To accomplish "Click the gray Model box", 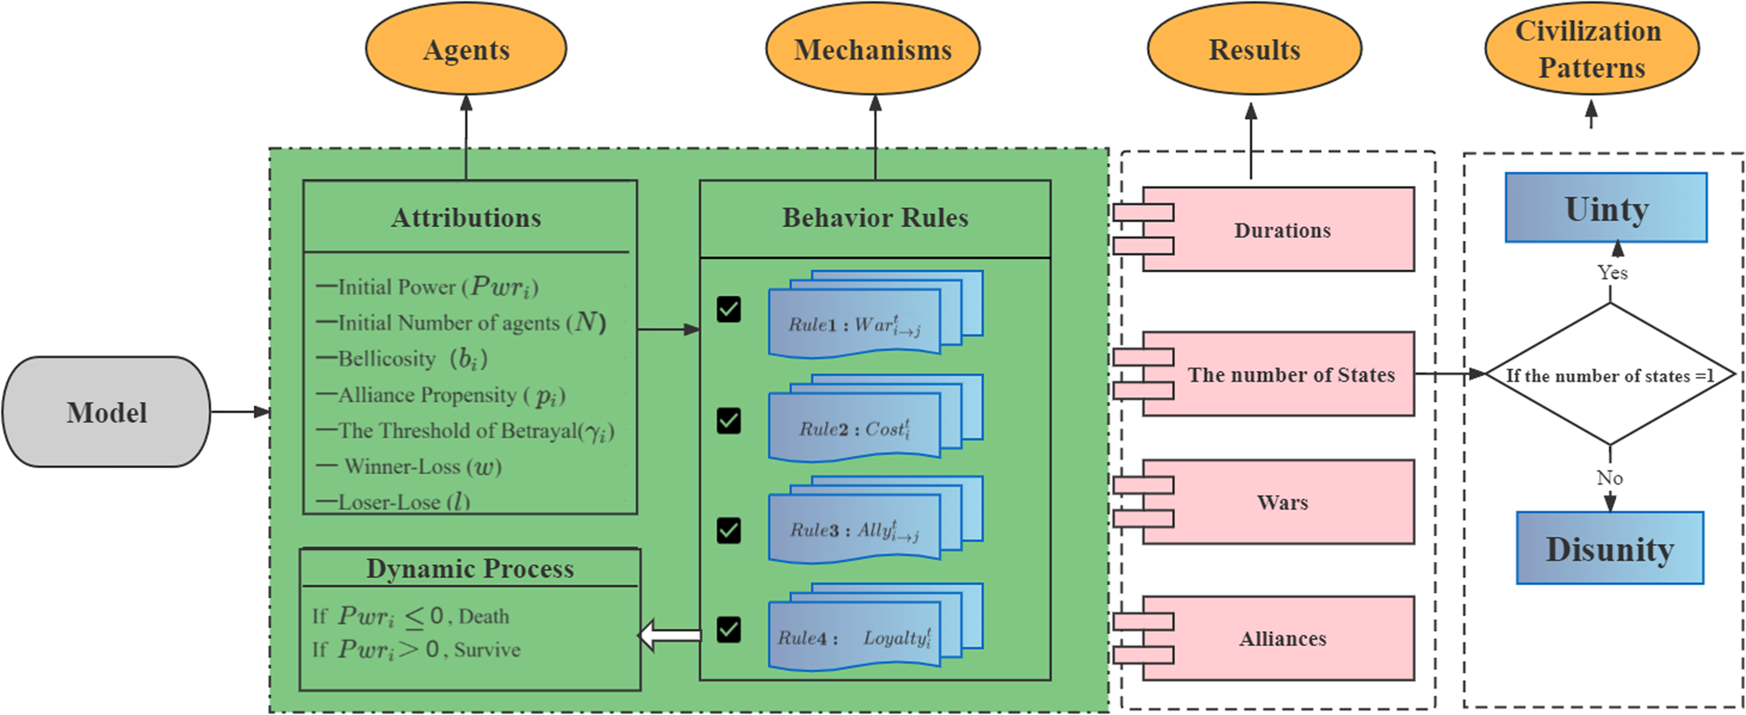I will pos(107,412).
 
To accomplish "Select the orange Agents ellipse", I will pos(465,50).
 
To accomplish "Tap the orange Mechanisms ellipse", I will pos(872,50).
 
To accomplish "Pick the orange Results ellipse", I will pos(1254,50).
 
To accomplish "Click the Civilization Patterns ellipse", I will pos(1591,50).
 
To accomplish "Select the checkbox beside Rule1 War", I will pos(728,309).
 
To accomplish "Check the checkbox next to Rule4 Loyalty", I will pos(728,629).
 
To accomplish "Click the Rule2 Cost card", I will pos(854,429).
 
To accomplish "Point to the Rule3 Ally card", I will pos(854,530).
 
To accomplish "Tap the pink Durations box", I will pos(1282,230).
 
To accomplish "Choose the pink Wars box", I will pos(1282,502).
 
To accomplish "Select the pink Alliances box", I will pos(1282,639).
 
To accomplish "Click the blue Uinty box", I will pos(1605,209).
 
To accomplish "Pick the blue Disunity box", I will pos(1609,549).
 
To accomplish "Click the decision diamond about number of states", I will pos(1609,375).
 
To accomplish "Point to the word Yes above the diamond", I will pos(1612,272).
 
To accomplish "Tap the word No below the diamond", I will pos(1609,478).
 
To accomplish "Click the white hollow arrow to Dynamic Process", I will pos(670,635).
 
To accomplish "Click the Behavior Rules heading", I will pos(875,217).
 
